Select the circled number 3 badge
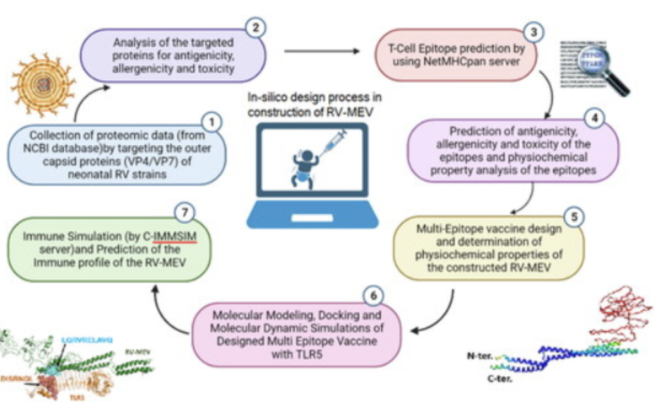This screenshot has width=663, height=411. tap(535, 30)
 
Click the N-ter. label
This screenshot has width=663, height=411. tap(481, 355)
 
